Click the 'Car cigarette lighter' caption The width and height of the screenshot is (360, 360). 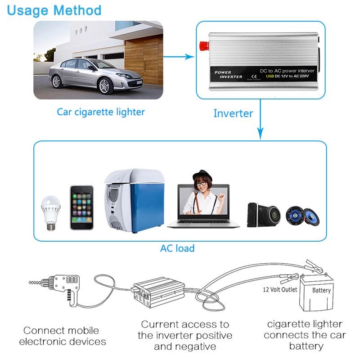coord(101,112)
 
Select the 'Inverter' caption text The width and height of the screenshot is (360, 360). coord(233,113)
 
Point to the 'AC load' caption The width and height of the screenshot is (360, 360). coord(177,248)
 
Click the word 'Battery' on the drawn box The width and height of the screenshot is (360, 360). coord(321,290)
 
